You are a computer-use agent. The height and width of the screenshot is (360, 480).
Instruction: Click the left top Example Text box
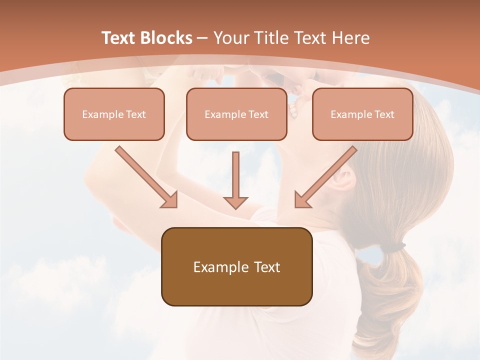(114, 114)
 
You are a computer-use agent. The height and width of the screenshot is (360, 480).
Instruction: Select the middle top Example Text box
(236, 114)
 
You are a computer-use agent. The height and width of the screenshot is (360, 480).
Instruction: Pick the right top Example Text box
(362, 114)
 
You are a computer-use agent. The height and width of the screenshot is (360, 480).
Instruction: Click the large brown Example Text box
(236, 266)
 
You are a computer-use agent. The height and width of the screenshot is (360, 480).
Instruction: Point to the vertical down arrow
(235, 180)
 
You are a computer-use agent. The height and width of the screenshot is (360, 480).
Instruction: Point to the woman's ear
(344, 177)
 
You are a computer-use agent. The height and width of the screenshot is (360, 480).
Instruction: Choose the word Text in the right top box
(384, 114)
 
